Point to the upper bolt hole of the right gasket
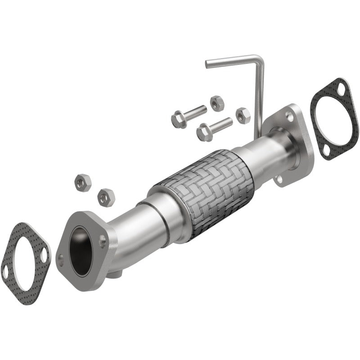pos(341,89)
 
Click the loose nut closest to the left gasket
pos(82,182)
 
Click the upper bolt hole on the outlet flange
pos(290,116)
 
